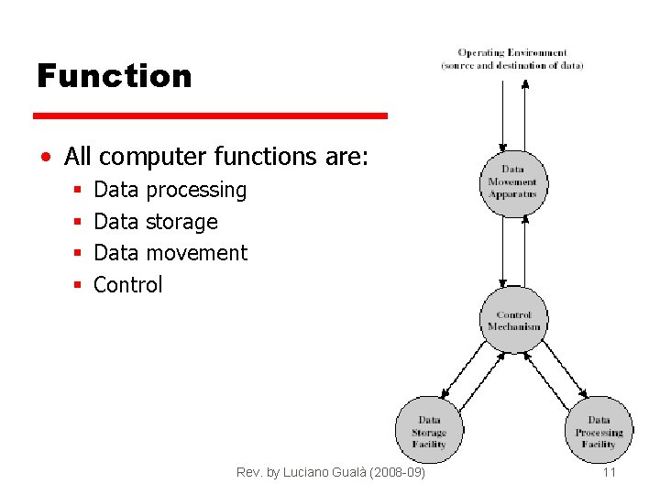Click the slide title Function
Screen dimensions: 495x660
point(114,76)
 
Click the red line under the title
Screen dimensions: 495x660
point(210,116)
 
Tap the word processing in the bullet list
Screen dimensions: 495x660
point(196,191)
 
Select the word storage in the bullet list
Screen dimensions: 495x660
point(181,222)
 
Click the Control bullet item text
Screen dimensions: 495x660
point(128,285)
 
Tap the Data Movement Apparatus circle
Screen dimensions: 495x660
point(513,181)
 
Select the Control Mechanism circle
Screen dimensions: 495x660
point(513,320)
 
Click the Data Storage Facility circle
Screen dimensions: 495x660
point(429,431)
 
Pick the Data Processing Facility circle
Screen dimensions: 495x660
point(599,431)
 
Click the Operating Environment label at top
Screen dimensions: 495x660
point(512,59)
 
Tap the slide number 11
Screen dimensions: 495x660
point(609,473)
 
